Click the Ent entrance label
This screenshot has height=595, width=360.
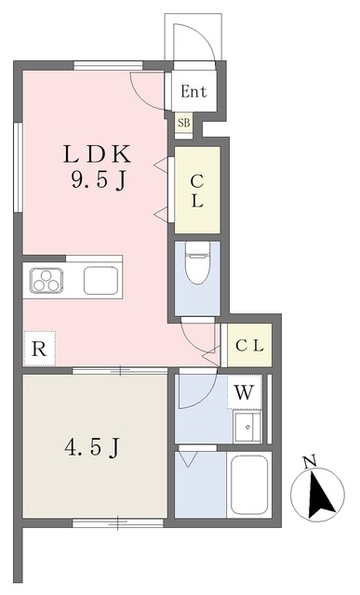pyautogui.click(x=193, y=91)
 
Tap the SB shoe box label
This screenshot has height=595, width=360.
pyautogui.click(x=184, y=123)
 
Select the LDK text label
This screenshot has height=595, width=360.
pyautogui.click(x=97, y=155)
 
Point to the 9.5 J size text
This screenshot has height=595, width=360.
pyautogui.click(x=98, y=179)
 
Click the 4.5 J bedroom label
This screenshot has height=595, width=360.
pyautogui.click(x=92, y=448)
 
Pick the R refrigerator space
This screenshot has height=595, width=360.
pyautogui.click(x=39, y=349)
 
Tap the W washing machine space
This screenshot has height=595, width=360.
pyautogui.click(x=244, y=392)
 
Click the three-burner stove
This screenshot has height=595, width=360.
pyautogui.click(x=47, y=281)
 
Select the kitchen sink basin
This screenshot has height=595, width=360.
pyautogui.click(x=100, y=281)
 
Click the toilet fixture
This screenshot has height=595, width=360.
pyautogui.click(x=197, y=262)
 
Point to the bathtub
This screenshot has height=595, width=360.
pyautogui.click(x=249, y=484)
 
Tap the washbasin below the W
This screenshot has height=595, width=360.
pyautogui.click(x=247, y=427)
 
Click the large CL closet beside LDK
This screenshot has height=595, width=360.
pyautogui.click(x=197, y=190)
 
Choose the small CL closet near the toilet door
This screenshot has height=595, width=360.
pyautogui.click(x=249, y=345)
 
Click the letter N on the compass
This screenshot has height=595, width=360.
pyautogui.click(x=311, y=462)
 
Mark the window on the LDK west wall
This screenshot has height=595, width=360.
pyautogui.click(x=18, y=167)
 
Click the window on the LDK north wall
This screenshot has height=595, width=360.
pyautogui.click(x=108, y=65)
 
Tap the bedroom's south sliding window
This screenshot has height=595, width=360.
pyautogui.click(x=118, y=523)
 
